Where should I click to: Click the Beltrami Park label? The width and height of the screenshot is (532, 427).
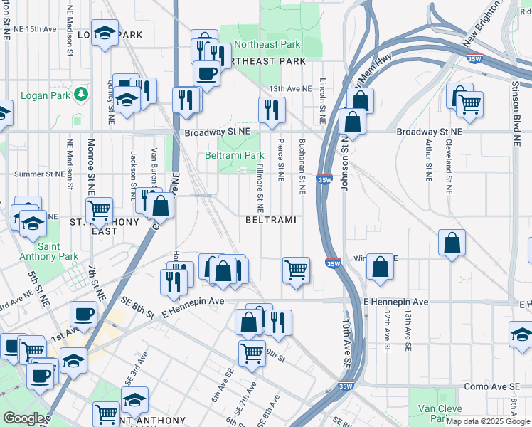pos(235,155)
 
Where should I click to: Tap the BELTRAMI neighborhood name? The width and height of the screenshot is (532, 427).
pos(270,221)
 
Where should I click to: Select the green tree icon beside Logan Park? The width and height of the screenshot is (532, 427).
pos(82,94)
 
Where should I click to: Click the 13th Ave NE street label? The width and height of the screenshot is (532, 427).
pos(290,89)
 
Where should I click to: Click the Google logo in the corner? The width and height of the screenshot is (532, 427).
pos(23,418)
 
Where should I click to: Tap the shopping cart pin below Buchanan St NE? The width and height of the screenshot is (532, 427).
pos(296,270)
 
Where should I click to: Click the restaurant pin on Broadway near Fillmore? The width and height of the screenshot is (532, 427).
pos(272,110)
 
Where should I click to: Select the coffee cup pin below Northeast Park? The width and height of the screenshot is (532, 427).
pos(206,73)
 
